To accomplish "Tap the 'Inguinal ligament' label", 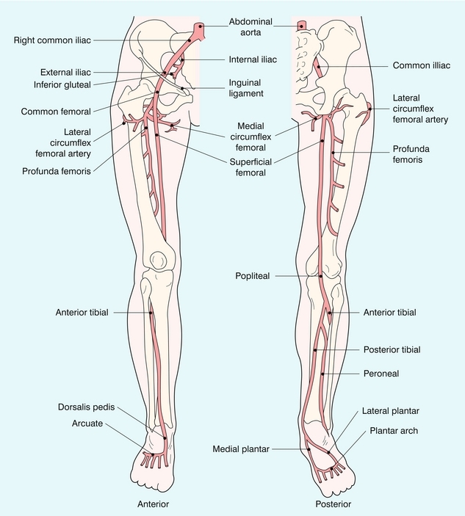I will (x=245, y=88).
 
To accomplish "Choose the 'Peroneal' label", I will (x=381, y=374).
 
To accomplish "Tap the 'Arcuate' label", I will (x=88, y=424).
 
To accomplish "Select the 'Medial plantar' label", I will (x=241, y=448).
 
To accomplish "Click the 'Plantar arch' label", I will (x=394, y=431).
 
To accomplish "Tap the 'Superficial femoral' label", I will (x=246, y=167).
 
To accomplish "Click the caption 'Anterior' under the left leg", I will (x=154, y=504).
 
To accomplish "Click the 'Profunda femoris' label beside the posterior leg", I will (x=411, y=154).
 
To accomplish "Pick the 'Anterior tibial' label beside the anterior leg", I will (x=82, y=312).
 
